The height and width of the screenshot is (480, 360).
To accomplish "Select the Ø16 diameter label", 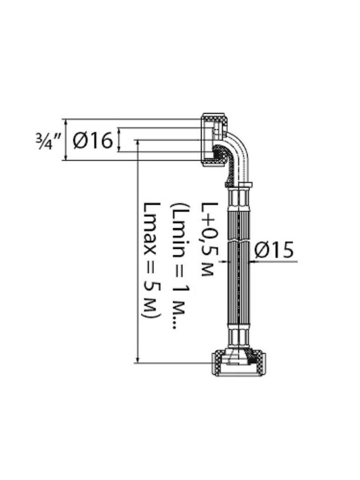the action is coord(93,141).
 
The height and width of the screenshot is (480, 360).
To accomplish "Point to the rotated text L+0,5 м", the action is coord(209,238).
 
